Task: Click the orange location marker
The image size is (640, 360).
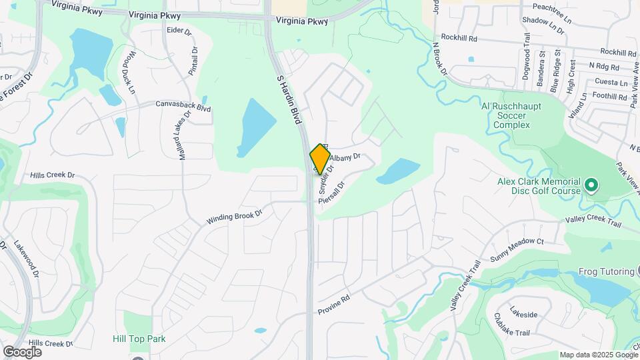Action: (x=320, y=159)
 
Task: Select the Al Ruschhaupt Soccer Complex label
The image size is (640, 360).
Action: (x=511, y=115)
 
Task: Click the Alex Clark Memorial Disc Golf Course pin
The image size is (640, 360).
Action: (x=590, y=183)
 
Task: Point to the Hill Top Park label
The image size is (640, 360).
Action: (x=139, y=339)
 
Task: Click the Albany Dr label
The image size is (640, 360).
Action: (x=347, y=157)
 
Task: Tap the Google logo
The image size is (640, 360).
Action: (x=22, y=351)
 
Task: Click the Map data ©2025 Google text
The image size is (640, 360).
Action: (x=598, y=355)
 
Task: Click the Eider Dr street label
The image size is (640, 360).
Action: (x=179, y=31)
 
